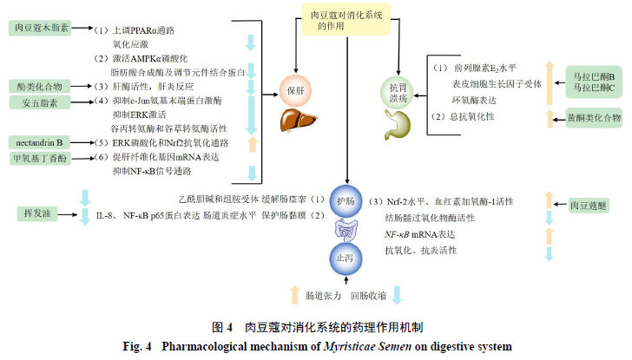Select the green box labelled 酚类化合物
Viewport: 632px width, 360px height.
pyautogui.click(x=41, y=87)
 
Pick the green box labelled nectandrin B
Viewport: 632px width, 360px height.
pyautogui.click(x=42, y=142)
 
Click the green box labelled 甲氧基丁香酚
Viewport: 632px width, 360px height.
pyautogui.click(x=41, y=159)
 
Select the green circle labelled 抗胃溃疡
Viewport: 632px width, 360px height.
pyautogui.click(x=397, y=88)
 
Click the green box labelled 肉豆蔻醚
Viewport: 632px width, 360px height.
pyautogui.click(x=589, y=206)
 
